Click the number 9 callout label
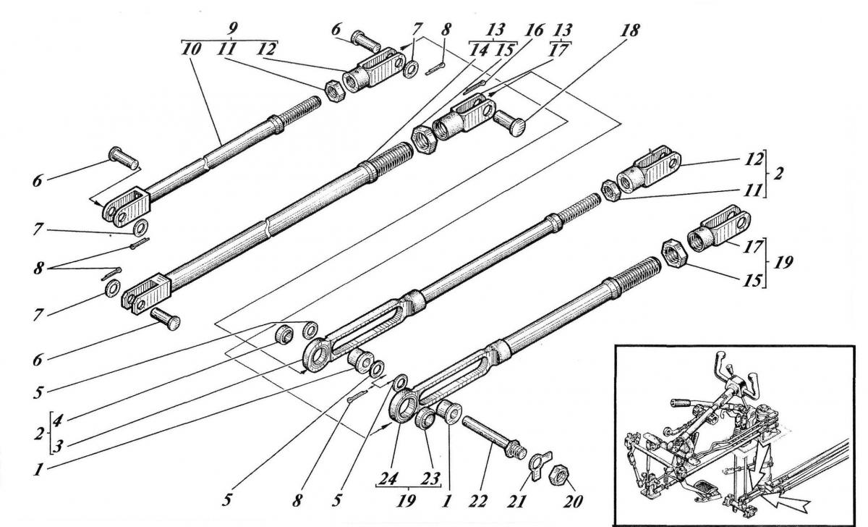click(x=232, y=29)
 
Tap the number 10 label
click(x=192, y=50)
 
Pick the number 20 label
click(x=572, y=502)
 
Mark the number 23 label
click(x=430, y=479)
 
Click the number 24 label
click(x=389, y=479)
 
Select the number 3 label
click(x=57, y=447)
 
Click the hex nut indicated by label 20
click(x=558, y=474)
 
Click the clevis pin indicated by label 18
click(x=510, y=122)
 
